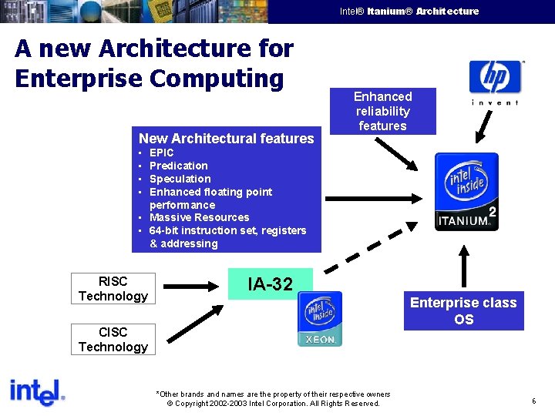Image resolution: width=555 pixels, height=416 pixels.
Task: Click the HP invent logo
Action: click(495, 82)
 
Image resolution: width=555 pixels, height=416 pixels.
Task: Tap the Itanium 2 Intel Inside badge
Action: click(466, 192)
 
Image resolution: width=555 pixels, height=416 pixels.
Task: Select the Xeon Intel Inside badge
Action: click(320, 319)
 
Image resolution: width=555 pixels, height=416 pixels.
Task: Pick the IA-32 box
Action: click(270, 284)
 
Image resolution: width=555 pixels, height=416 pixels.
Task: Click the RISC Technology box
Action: click(113, 289)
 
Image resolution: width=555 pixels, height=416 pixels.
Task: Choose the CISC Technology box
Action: click(113, 340)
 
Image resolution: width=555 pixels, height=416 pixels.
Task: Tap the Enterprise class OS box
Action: click(463, 310)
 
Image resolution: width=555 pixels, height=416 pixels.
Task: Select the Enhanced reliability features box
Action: click(382, 111)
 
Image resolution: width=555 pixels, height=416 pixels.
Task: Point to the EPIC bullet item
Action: click(161, 153)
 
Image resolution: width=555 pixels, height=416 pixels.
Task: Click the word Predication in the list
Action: click(178, 166)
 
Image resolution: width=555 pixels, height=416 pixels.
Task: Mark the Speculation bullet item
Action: click(180, 179)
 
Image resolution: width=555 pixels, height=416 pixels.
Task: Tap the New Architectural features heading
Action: click(226, 139)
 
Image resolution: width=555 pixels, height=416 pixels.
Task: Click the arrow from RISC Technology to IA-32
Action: click(192, 286)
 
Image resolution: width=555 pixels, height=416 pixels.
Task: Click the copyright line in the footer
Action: click(274, 404)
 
